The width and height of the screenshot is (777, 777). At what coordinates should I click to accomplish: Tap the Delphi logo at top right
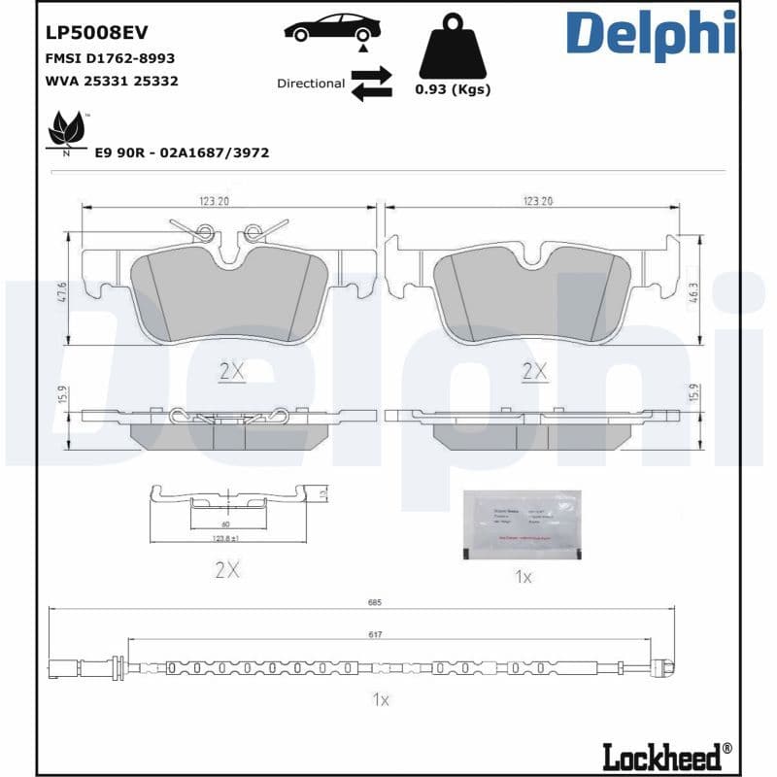point(650,35)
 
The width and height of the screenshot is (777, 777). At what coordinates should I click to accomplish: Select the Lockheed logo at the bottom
point(665,754)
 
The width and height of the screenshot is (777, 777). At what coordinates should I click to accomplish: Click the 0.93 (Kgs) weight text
point(453,89)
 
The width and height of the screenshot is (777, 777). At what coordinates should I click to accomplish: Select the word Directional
point(311,84)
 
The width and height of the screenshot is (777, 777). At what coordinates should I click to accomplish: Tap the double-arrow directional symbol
point(370,84)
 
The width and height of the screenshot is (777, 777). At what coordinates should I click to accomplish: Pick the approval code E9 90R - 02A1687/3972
point(182,152)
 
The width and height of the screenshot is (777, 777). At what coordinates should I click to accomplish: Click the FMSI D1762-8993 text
point(111,59)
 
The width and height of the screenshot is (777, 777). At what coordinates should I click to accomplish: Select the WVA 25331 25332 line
point(112,81)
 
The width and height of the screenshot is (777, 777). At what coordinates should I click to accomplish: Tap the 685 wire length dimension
point(375,602)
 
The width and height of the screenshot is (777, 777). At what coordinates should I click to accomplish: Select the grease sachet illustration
point(521,523)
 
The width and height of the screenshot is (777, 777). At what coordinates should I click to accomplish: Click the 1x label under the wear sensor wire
point(380,699)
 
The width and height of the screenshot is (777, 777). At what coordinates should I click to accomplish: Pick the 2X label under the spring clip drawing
point(226,570)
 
